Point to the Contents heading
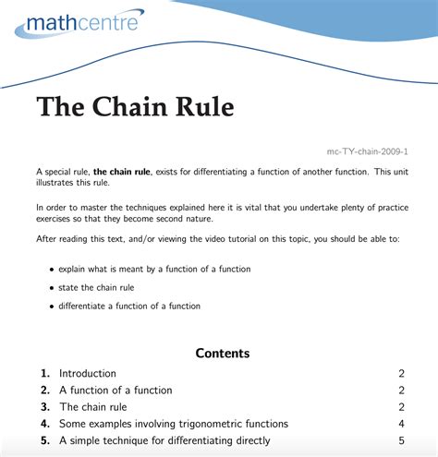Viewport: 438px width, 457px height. [x=222, y=353]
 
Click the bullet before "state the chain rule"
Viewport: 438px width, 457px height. [x=50, y=288]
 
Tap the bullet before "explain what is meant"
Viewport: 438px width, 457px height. [x=50, y=270]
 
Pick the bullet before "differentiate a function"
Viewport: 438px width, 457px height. [x=50, y=307]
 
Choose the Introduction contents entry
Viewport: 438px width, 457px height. [x=88, y=373]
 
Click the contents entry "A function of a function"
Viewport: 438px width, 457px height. [x=116, y=390]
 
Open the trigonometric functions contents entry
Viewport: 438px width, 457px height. [x=174, y=424]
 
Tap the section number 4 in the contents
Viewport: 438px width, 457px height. [x=44, y=424]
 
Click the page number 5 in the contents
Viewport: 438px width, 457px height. [x=402, y=440]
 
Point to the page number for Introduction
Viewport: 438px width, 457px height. [x=402, y=373]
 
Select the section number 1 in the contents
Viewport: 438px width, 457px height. [x=44, y=373]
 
